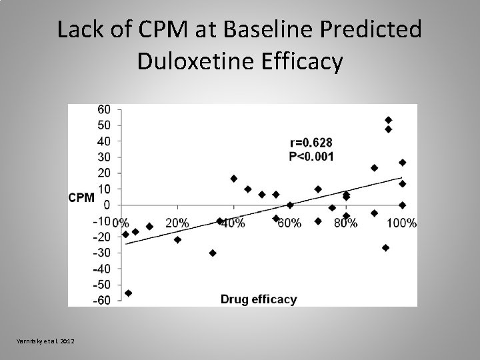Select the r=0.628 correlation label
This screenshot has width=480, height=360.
pos(311,142)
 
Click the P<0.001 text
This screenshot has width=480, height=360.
pos(311,157)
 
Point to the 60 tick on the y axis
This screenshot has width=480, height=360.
pos(104,109)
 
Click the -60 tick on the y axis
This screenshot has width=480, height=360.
pos(102,301)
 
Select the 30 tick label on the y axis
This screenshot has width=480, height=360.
pos(104,157)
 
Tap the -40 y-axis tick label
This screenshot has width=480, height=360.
pos(102,269)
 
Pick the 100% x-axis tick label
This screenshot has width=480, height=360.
pos(402,223)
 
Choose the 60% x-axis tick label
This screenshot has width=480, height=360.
pos(290,223)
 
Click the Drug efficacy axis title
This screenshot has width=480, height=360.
pos(259,299)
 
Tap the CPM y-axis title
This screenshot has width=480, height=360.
pos(81,197)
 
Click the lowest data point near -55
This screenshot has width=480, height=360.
pos(128,293)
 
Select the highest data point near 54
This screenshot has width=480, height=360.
pos(389,120)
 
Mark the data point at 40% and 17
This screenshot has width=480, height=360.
pos(233,179)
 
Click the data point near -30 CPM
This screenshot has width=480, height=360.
pos(213,253)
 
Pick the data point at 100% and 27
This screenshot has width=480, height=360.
pos(403,163)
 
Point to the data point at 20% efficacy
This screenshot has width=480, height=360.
pos(177,239)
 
